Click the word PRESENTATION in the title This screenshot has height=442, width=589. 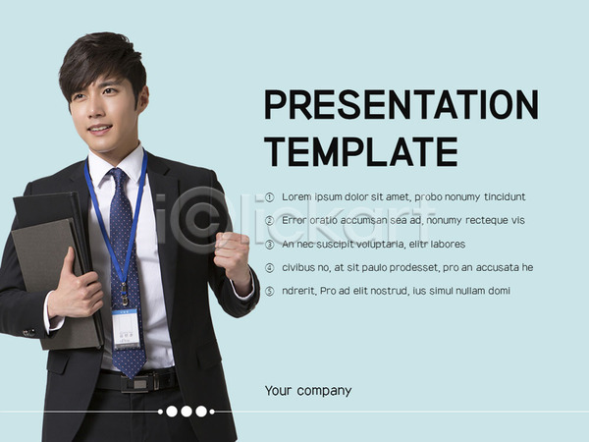402,104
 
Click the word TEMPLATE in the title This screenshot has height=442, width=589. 361,151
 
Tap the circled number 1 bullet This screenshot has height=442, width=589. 269,197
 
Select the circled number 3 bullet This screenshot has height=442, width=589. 269,245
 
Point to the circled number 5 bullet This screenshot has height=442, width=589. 269,292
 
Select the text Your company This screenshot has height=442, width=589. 308,391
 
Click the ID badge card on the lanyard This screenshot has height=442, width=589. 127,329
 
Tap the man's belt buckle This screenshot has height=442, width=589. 139,383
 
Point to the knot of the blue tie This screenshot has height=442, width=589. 118,176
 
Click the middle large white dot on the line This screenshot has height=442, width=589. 187,412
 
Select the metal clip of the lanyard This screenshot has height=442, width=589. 124,293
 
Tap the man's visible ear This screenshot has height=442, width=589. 142,99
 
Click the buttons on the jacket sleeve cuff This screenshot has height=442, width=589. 29,333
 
